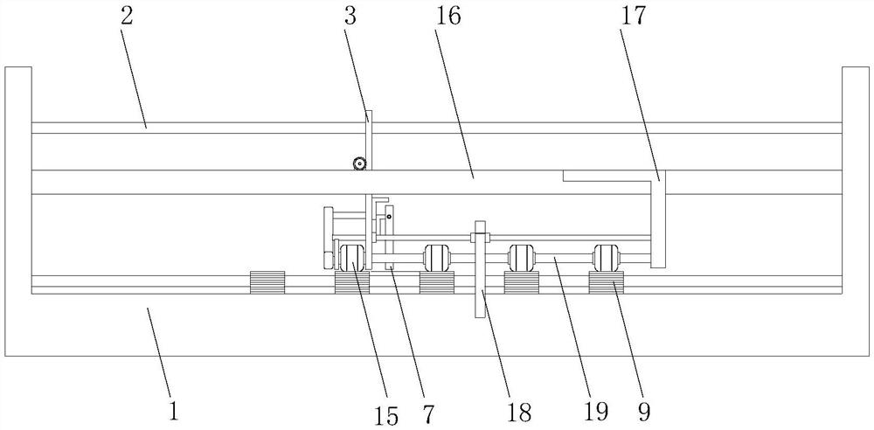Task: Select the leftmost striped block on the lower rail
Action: (x=267, y=283)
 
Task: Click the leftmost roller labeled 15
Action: (x=351, y=259)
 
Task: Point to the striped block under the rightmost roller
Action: (x=606, y=283)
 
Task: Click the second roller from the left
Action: (x=436, y=258)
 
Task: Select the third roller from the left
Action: (x=521, y=258)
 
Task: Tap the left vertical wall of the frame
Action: (x=18, y=210)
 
